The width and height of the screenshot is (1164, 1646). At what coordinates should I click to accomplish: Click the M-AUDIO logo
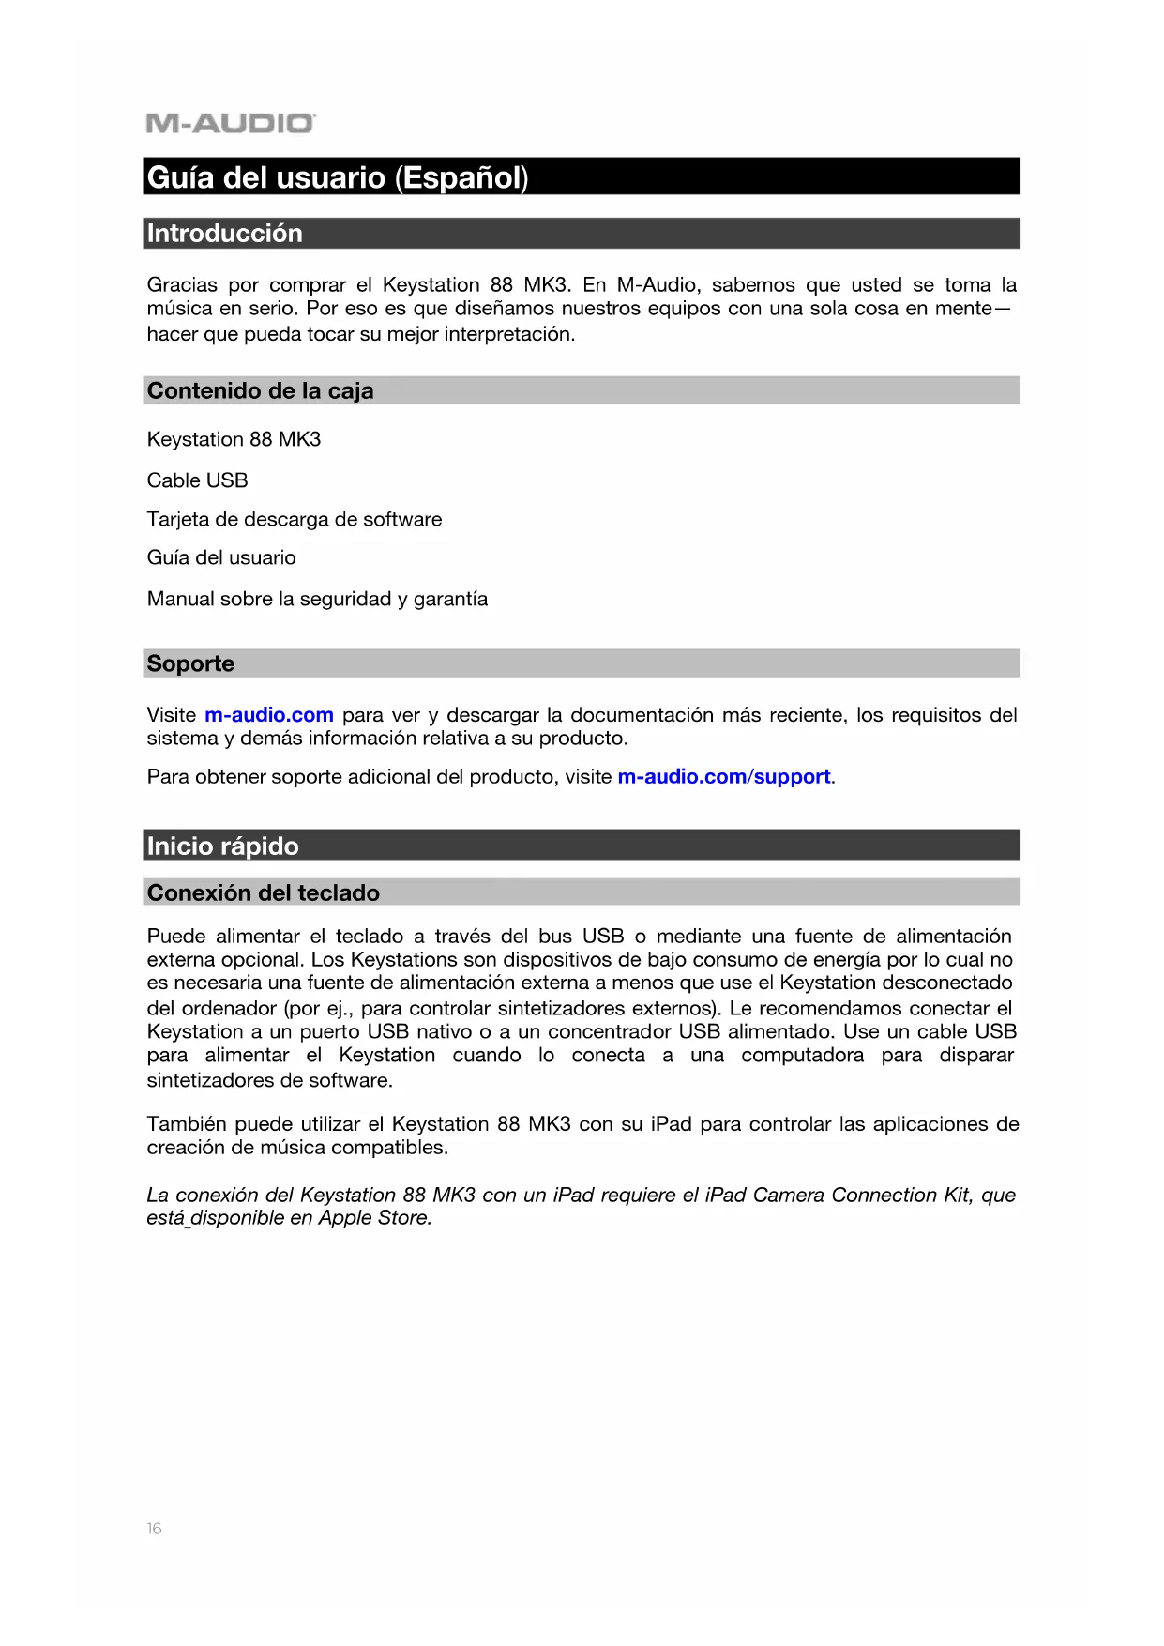(231, 123)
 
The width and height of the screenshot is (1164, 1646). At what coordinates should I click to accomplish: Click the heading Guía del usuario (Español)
(338, 177)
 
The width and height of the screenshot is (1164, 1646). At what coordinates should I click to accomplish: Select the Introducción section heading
(225, 234)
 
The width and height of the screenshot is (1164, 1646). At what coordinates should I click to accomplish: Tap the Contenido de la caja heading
(260, 391)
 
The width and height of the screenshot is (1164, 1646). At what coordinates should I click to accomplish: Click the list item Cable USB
(197, 480)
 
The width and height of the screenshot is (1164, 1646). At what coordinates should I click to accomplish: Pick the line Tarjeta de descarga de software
(294, 519)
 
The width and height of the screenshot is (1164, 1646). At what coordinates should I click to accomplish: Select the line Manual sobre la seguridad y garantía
(317, 599)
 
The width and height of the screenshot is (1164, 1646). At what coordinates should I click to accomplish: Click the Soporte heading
(190, 663)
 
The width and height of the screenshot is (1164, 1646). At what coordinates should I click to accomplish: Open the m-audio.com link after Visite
(269, 715)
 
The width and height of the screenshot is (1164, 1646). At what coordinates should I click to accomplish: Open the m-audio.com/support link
(724, 777)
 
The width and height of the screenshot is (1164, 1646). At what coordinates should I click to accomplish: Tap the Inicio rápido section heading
(222, 846)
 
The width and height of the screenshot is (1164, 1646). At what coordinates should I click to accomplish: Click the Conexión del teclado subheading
(263, 892)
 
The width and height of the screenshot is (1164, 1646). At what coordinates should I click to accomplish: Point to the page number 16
(154, 1529)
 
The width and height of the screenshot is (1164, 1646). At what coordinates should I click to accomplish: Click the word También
(187, 1124)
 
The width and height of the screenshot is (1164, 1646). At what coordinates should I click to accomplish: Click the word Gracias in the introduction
(182, 285)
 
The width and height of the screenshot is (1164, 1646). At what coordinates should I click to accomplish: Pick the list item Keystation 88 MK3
(234, 439)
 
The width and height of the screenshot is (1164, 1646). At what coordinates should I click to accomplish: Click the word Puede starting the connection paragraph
(176, 937)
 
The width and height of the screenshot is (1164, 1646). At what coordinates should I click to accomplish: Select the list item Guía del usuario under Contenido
(221, 557)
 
